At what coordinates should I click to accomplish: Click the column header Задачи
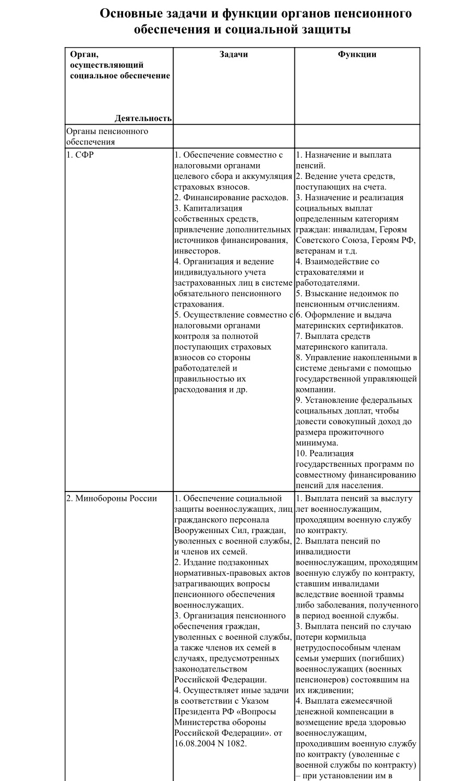pyautogui.click(x=234, y=54)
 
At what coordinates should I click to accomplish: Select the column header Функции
pyautogui.click(x=357, y=54)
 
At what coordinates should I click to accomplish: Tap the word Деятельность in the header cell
pyautogui.click(x=143, y=118)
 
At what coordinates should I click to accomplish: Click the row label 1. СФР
pyautogui.click(x=80, y=155)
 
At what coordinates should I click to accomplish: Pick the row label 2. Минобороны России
pyautogui.click(x=112, y=498)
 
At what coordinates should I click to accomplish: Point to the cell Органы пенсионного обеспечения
pyautogui.click(x=107, y=137)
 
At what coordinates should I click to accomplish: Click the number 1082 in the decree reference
pyautogui.click(x=235, y=743)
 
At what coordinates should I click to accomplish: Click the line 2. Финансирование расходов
pyautogui.click(x=231, y=198)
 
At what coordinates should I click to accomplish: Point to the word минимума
pyautogui.click(x=317, y=443)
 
